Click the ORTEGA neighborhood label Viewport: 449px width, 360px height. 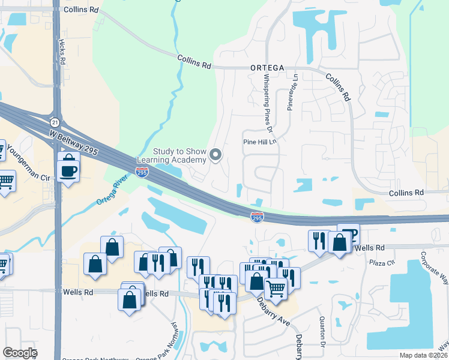pos(267,68)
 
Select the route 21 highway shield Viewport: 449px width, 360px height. pos(55,122)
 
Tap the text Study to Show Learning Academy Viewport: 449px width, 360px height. pos(171,156)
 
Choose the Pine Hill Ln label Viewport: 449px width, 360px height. pos(259,142)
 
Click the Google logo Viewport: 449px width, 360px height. pos(20,353)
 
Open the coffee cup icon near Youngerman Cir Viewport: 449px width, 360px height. pos(67,170)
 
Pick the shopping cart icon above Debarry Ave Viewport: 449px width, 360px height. pos(276,289)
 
